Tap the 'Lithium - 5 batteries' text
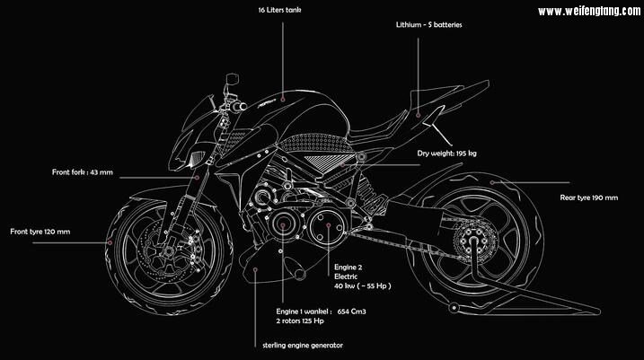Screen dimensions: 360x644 428,25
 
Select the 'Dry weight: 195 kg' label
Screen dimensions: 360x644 446,154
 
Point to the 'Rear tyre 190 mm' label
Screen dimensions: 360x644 588,197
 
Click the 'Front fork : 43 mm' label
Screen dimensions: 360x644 82,171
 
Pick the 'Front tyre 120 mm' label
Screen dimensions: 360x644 40,232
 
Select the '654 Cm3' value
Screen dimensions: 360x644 356,312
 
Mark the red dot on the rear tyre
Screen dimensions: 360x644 492,180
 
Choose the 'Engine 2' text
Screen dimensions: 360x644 347,268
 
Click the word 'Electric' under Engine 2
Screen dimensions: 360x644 346,277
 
